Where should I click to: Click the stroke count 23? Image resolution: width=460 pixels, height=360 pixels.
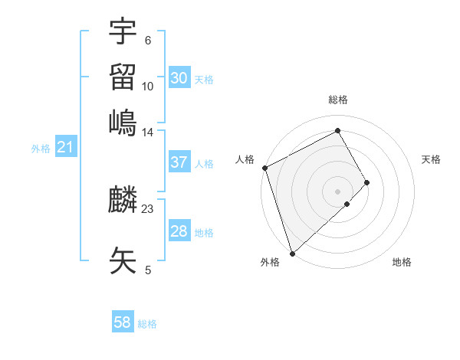[148, 209]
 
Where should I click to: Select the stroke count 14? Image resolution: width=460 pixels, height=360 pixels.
[148, 133]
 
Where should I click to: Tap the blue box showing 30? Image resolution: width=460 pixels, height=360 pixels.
[179, 78]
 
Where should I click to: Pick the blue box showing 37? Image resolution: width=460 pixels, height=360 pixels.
[179, 162]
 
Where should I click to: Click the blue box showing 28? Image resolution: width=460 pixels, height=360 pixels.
[179, 231]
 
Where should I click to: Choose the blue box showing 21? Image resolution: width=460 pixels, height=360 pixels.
[65, 148]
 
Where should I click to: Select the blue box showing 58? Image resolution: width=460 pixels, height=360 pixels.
[122, 323]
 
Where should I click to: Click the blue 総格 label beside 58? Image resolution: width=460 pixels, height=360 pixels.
[147, 324]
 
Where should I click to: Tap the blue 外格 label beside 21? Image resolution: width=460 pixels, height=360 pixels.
[41, 149]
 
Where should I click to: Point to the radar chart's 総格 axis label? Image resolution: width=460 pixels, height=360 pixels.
[337, 100]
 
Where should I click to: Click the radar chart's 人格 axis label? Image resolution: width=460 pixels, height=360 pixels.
[245, 159]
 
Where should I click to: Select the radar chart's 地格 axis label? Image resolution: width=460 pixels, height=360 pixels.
[402, 262]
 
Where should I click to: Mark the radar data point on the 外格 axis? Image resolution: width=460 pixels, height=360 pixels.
[292, 253]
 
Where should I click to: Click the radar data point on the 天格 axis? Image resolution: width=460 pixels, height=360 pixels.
[367, 182]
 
